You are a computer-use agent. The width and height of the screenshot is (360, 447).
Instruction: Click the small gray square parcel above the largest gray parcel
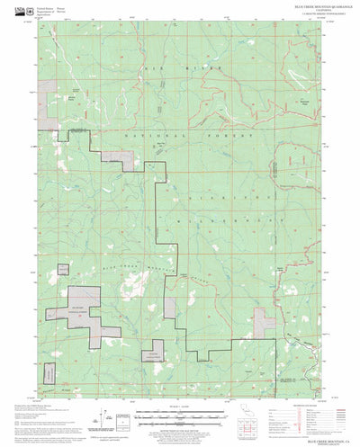coord(64,269)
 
